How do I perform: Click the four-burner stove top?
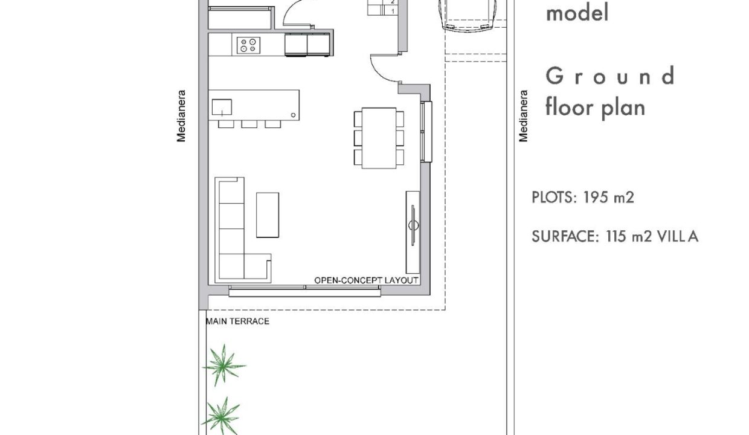[248, 45]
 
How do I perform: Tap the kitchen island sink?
[222, 107]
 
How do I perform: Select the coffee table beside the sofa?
[268, 215]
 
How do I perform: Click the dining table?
[379, 138]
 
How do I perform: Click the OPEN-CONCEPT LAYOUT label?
[366, 280]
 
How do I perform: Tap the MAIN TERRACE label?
[238, 321]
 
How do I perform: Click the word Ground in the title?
[610, 76]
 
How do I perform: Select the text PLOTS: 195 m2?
[583, 198]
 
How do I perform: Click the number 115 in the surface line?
[616, 236]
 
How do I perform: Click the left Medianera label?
[181, 116]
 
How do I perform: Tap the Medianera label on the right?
[523, 116]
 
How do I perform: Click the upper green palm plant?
[223, 366]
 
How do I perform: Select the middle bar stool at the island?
[249, 124]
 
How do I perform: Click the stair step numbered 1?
[393, 11]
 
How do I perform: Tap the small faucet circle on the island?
[293, 115]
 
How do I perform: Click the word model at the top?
[577, 13]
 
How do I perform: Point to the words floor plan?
[595, 108]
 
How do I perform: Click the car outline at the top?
[468, 15]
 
